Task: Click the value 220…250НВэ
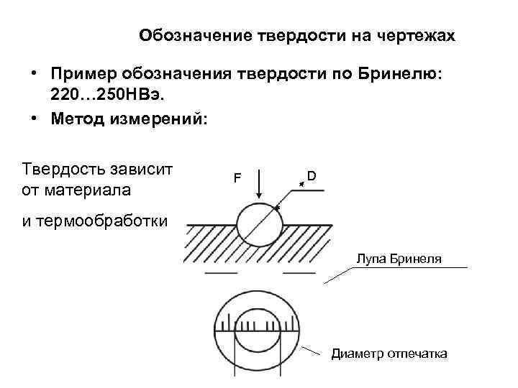tap(107, 93)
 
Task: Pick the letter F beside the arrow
tap(236, 177)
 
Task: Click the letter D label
tap(312, 175)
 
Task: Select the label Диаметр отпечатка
tap(388, 354)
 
